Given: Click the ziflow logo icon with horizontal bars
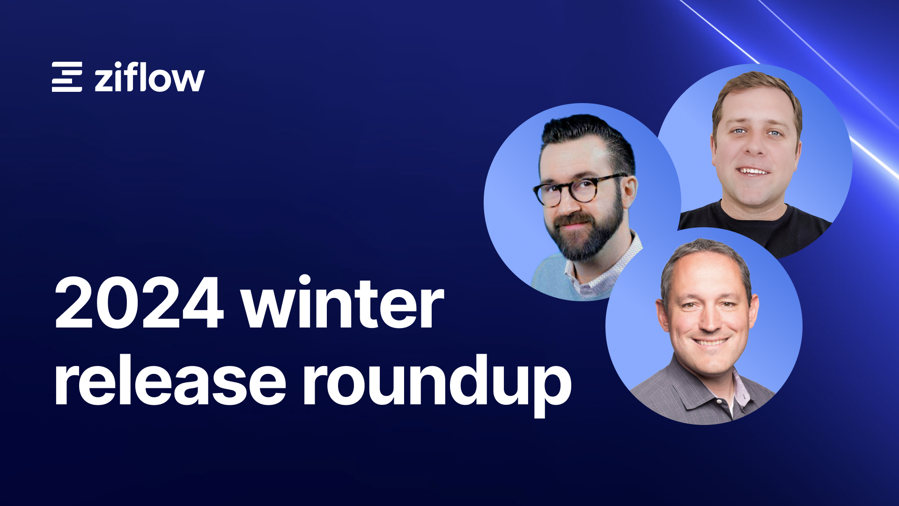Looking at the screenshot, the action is tap(67, 76).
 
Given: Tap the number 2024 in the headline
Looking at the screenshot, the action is tap(139, 303).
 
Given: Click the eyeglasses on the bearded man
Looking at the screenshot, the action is tap(579, 189).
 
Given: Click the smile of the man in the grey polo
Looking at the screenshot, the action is tap(710, 342).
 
